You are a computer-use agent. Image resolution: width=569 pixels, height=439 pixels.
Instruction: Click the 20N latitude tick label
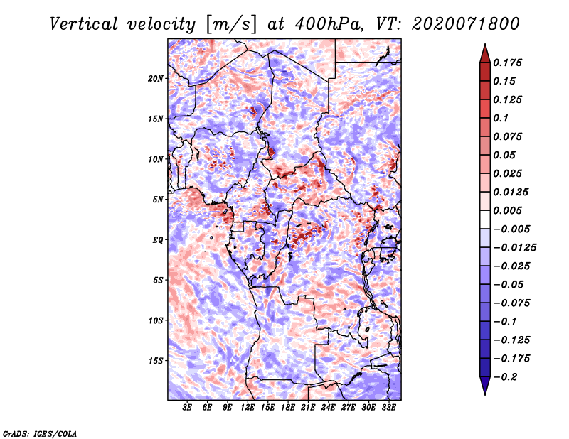click(x=156, y=78)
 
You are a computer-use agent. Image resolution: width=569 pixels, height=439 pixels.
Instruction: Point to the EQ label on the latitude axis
click(x=157, y=240)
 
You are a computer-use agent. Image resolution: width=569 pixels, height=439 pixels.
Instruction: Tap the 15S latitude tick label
click(x=156, y=361)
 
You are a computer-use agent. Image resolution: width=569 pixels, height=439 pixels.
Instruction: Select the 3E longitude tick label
click(x=187, y=407)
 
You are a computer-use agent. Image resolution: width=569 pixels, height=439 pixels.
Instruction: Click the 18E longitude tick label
click(x=288, y=407)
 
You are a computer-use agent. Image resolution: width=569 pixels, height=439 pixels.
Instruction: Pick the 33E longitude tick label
click(x=388, y=407)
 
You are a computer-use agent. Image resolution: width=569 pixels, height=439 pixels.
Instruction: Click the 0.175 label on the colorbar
click(x=507, y=63)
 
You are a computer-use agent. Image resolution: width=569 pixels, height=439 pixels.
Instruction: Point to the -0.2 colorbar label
click(x=505, y=377)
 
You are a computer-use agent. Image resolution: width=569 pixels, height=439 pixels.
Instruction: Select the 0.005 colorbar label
click(x=507, y=210)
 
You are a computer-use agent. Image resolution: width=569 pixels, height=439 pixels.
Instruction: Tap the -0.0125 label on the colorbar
click(x=514, y=248)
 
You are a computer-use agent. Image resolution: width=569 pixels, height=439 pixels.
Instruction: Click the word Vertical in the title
click(x=84, y=24)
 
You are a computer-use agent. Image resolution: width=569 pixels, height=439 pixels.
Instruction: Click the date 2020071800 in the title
click(x=466, y=24)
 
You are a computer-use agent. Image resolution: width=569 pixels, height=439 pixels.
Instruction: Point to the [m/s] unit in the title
click(x=231, y=24)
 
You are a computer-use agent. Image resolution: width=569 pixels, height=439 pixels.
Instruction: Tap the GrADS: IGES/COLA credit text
click(x=40, y=433)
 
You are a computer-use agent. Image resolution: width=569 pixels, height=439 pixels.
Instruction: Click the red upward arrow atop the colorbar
click(x=485, y=53)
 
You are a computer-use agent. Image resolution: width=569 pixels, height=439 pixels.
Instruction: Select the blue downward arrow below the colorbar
click(x=485, y=386)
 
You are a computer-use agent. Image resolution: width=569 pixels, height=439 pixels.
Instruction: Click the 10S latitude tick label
click(x=156, y=320)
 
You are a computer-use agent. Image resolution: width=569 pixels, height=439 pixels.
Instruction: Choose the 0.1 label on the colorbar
click(x=501, y=118)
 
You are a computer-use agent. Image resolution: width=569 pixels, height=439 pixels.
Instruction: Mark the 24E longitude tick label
click(x=328, y=407)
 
